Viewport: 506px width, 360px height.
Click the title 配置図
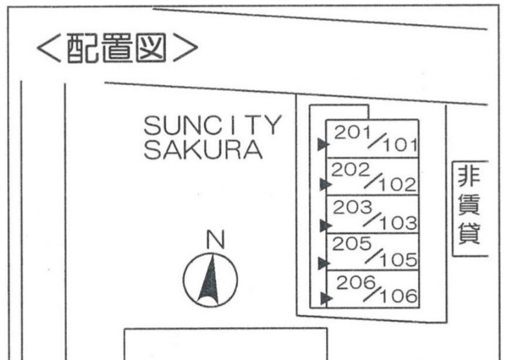coord(117,48)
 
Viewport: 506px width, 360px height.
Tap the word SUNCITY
coord(213,125)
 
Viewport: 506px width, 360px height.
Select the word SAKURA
coord(203,150)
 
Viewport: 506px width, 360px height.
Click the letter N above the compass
coord(215,239)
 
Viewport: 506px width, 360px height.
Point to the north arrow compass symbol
coord(210,280)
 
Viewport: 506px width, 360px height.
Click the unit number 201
coord(352,132)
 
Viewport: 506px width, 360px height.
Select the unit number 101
coord(400,146)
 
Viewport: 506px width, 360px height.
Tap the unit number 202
coord(350,170)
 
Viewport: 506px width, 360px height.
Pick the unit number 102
coord(397,185)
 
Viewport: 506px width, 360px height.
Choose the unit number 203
coord(352,207)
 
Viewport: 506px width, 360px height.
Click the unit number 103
coord(398,223)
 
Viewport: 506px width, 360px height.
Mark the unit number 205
coord(351,244)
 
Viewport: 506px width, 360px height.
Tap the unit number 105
coord(398,259)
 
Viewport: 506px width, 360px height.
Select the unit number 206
coord(355,283)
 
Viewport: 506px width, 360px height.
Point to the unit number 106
coord(399,296)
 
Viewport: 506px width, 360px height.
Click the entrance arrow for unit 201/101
coord(323,144)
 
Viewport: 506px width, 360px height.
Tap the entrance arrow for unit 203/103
coord(326,226)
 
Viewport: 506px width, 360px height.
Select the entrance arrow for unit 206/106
coord(327,298)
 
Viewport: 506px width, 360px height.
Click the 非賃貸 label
coord(469,205)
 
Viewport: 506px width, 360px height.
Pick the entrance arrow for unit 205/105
coord(324,264)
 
